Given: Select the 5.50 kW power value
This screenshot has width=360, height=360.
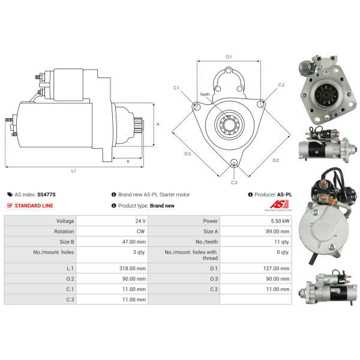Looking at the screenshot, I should [x=280, y=221].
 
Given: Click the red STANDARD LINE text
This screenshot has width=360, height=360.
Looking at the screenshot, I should [x=34, y=206].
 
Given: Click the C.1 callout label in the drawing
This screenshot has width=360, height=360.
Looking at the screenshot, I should [x=176, y=88].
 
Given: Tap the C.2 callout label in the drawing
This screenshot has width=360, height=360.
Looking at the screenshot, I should [x=281, y=85].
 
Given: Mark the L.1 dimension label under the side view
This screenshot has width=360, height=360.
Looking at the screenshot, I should [x=74, y=170].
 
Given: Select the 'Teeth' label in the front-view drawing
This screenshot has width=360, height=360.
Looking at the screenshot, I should [x=205, y=94].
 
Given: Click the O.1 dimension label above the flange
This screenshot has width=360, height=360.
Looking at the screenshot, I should [x=229, y=56].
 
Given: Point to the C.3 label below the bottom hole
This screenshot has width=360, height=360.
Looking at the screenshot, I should [x=234, y=182].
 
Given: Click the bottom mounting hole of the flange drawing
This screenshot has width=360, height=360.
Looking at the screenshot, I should [x=233, y=161].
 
